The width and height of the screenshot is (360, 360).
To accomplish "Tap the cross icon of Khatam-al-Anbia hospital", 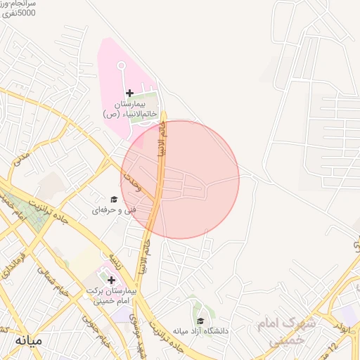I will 129,93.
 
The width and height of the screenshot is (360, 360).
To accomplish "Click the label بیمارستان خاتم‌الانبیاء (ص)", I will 129,109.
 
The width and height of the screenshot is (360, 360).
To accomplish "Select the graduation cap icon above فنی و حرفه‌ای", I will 114,199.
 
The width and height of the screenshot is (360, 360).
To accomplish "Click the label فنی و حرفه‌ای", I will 112,210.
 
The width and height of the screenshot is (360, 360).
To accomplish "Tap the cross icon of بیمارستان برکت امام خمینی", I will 111,280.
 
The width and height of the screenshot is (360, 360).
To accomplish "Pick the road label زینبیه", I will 116,255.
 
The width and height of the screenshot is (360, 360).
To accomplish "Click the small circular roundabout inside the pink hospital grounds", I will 120,65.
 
